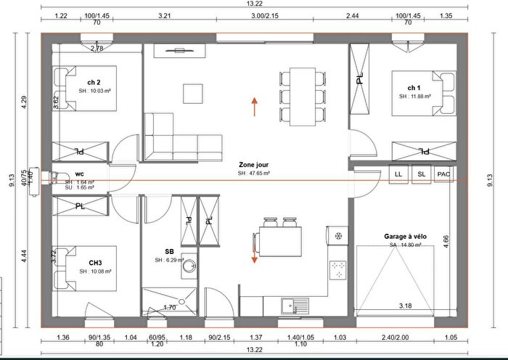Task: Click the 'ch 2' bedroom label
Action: click(94, 82)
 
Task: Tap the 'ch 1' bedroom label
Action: click(414, 87)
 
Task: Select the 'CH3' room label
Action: click(95, 262)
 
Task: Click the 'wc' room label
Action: click(80, 175)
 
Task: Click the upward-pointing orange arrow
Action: click(255, 107)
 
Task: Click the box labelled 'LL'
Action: click(398, 175)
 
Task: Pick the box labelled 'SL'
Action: click(422, 175)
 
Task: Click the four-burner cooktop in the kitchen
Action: click(339, 269)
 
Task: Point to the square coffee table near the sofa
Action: click(194, 94)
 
